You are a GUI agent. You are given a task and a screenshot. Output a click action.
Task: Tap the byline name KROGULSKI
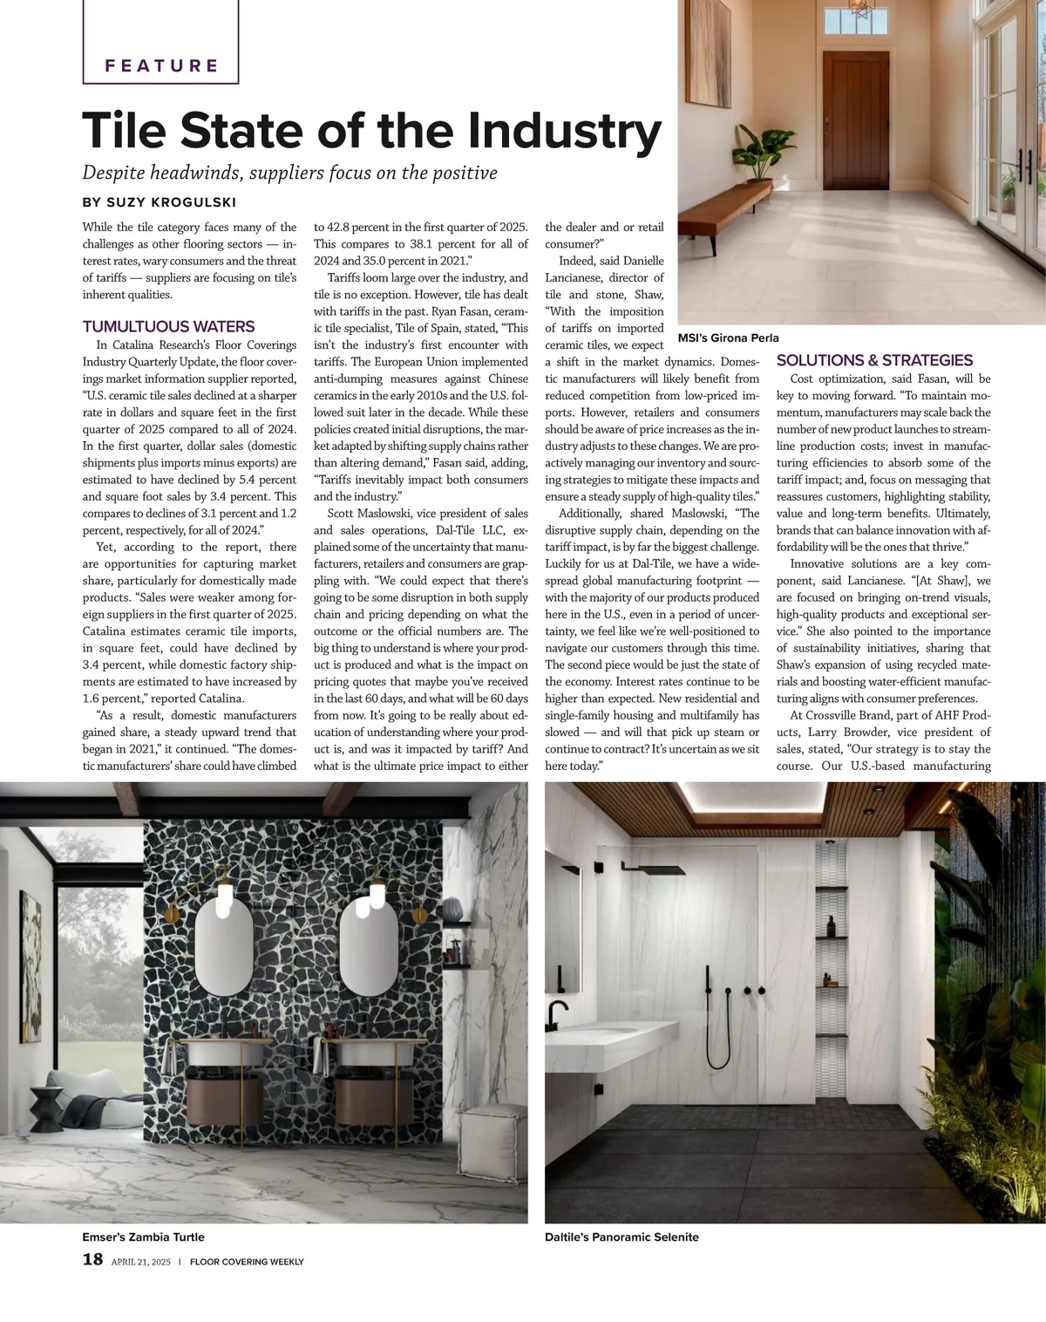(x=196, y=202)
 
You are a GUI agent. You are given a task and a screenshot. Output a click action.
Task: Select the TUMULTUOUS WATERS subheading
(x=168, y=327)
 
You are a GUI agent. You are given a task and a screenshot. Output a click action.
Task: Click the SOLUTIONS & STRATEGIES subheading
(x=874, y=360)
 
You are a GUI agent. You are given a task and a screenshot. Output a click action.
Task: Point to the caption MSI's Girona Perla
(x=728, y=337)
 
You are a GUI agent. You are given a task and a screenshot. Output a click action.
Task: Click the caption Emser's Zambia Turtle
(x=143, y=1237)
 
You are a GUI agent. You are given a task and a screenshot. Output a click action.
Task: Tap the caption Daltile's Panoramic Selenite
(x=621, y=1237)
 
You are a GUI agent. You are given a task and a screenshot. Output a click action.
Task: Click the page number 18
(x=92, y=1258)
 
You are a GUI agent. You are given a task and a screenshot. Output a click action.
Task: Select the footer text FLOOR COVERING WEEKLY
(x=247, y=1261)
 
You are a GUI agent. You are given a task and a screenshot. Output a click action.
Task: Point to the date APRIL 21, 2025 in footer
(x=141, y=1261)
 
